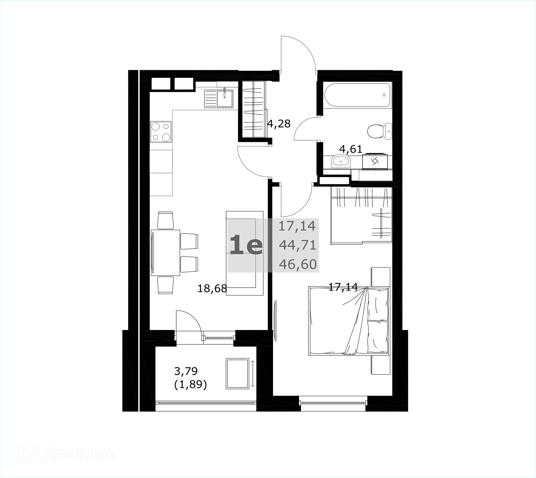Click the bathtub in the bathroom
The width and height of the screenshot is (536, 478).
357,95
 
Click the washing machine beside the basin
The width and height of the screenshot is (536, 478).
375,162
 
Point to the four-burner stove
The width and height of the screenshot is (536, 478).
161,132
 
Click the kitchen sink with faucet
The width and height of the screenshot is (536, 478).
219,98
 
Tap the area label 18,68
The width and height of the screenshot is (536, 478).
212,288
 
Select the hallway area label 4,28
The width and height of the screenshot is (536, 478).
279,123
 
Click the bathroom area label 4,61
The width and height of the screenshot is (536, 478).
351,149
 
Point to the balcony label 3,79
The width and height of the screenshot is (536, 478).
186,371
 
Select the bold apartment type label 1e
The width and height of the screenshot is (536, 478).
246,245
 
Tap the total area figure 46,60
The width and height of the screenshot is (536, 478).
298,264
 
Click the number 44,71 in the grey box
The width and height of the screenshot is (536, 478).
298,245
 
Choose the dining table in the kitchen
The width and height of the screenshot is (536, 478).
165,253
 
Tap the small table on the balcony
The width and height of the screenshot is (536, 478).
237,373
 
